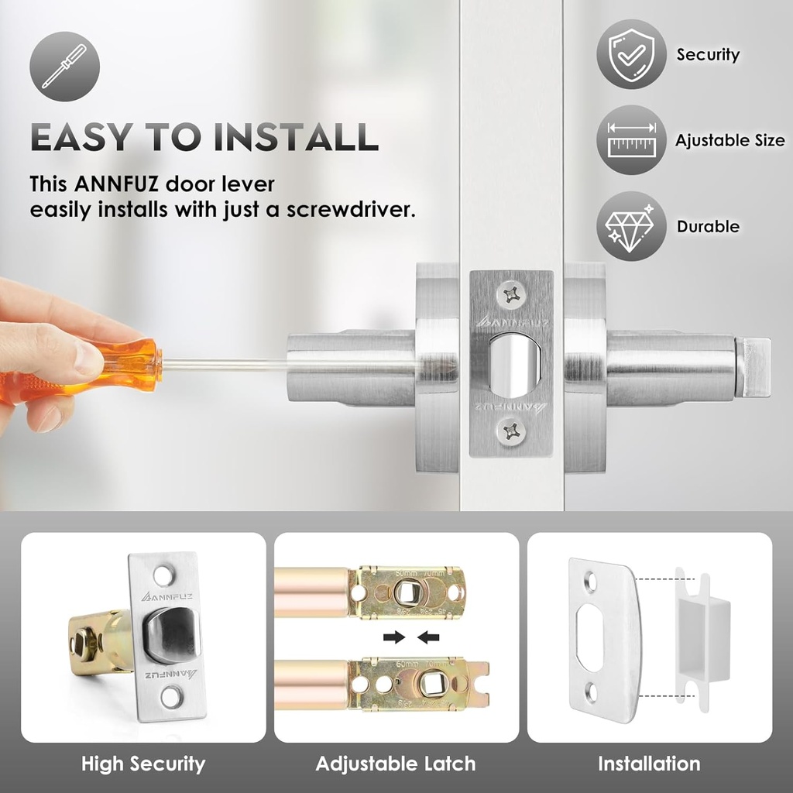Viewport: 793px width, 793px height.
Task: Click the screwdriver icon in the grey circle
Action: pyautogui.click(x=64, y=66)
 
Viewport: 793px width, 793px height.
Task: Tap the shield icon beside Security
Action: pyautogui.click(x=631, y=54)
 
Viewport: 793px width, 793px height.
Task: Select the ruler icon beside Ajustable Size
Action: pyautogui.click(x=631, y=140)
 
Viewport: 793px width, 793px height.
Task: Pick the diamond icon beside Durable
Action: pyautogui.click(x=631, y=226)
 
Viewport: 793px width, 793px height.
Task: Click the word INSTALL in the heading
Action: pyautogui.click(x=297, y=137)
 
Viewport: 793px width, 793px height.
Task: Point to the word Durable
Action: pyautogui.click(x=708, y=227)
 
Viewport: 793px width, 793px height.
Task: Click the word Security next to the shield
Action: pyautogui.click(x=708, y=55)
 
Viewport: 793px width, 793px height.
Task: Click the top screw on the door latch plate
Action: pyautogui.click(x=511, y=294)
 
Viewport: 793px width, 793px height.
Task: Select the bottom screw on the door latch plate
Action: pyautogui.click(x=511, y=431)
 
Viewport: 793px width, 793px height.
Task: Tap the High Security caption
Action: pyautogui.click(x=143, y=764)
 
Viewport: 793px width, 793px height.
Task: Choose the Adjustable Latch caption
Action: pyautogui.click(x=396, y=764)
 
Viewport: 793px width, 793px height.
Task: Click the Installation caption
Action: pyautogui.click(x=649, y=764)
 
